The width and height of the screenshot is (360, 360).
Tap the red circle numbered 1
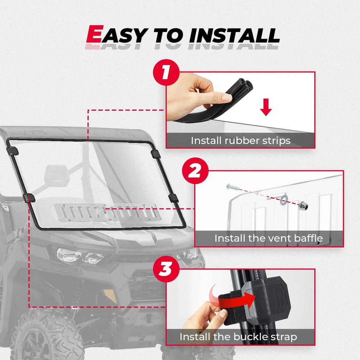[x=166, y=72]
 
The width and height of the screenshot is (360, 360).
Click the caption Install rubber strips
[x=240, y=140]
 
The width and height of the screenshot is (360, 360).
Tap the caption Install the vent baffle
[x=269, y=238]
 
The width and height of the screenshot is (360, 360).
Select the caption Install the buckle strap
[x=238, y=337]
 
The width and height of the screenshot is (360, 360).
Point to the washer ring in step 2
[x=284, y=198]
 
